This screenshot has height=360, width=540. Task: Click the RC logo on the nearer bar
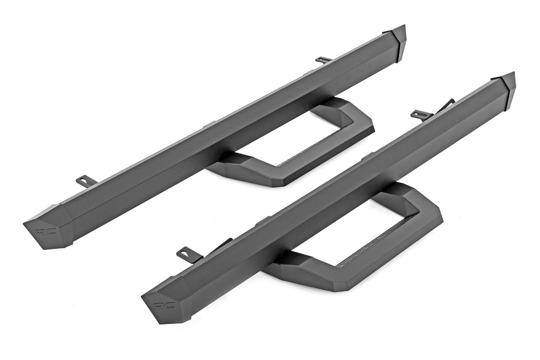tap(164, 304)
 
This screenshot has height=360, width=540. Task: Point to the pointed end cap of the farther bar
tap(397, 40)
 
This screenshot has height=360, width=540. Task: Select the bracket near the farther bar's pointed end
tap(323, 60)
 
